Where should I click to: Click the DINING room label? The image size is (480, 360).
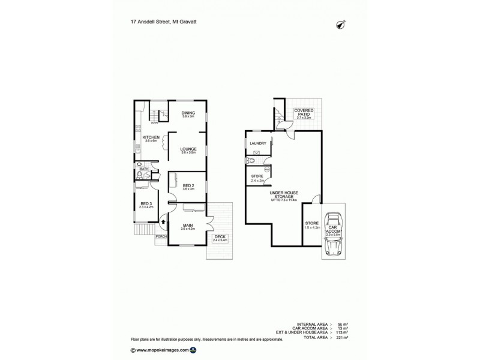tap(188, 113)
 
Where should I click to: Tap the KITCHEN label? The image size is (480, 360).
tap(151, 138)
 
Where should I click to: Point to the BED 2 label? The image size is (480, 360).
tap(188, 186)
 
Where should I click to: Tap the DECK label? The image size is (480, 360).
tap(218, 237)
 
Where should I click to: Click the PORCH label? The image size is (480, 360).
tap(160, 237)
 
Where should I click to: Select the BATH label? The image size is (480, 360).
tap(144, 169)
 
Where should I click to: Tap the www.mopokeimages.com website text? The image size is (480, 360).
tap(163, 349)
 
